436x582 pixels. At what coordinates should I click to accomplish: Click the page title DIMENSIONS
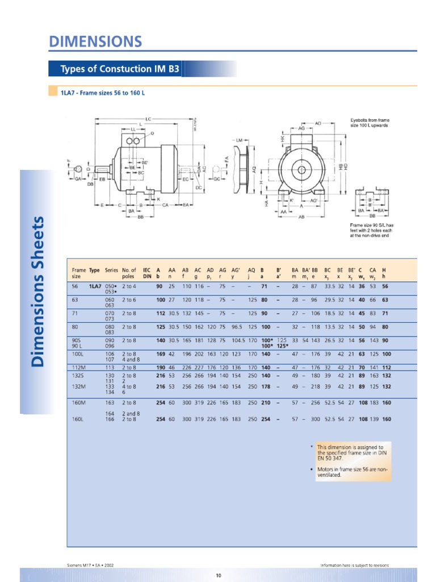(95, 41)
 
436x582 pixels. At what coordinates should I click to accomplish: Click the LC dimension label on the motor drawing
(148, 119)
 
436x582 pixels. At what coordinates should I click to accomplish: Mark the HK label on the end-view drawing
(282, 138)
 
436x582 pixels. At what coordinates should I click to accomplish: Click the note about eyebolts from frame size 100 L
(370, 123)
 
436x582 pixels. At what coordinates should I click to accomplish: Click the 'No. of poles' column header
(129, 273)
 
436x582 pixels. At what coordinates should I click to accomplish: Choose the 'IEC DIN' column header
(147, 273)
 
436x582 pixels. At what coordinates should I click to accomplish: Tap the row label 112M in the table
(79, 368)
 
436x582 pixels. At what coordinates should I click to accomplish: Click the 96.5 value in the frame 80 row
(237, 327)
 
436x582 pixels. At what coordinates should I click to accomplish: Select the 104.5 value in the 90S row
(238, 340)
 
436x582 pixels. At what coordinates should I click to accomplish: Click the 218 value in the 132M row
(316, 386)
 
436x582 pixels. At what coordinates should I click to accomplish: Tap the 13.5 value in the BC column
(329, 327)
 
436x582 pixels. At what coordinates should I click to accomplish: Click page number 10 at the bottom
(218, 575)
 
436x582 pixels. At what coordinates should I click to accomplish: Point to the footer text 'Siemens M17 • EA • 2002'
(91, 566)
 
